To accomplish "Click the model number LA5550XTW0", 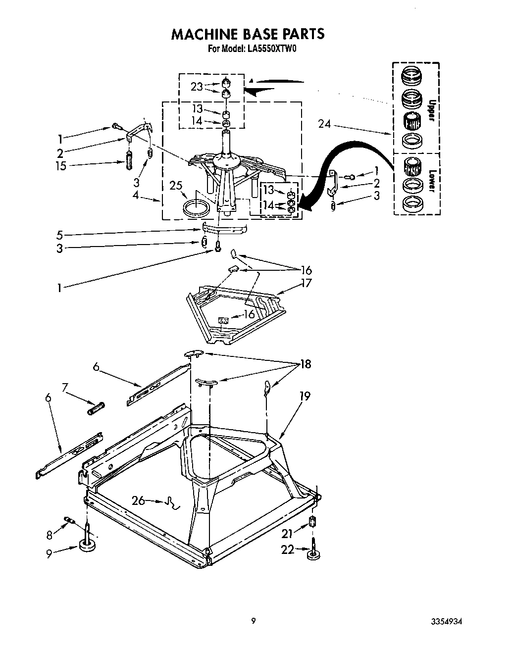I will pyautogui.click(x=271, y=49).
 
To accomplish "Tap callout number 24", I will pyautogui.click(x=324, y=124).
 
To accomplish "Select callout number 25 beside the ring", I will pyautogui.click(x=176, y=186).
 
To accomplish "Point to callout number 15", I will pyautogui.click(x=60, y=166).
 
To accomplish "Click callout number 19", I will pyautogui.click(x=305, y=396).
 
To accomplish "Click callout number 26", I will pyautogui.click(x=138, y=500).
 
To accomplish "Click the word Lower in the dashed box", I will pyautogui.click(x=431, y=181).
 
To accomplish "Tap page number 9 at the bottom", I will pyautogui.click(x=253, y=621).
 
